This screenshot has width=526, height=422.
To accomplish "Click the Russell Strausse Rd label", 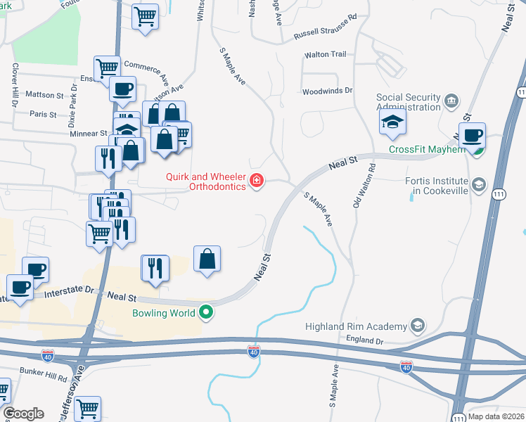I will click(x=326, y=15).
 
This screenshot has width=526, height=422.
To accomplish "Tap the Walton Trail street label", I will click(x=326, y=54).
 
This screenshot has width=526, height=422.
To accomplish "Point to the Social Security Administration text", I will click(x=408, y=103).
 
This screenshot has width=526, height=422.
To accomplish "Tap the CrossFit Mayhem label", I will click(x=428, y=150).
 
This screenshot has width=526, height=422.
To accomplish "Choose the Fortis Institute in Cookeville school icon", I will click(x=479, y=185).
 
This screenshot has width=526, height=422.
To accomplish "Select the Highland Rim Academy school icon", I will click(x=418, y=325).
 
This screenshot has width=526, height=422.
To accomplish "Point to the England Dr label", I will click(x=364, y=341).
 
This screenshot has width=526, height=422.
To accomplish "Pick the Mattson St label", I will click(x=44, y=94).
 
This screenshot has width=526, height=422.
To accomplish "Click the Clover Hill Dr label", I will click(x=14, y=84).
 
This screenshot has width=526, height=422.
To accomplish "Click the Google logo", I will click(x=23, y=414).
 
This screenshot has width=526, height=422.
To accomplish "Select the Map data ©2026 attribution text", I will click(x=496, y=416).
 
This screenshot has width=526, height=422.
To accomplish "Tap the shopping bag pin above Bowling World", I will click(x=207, y=260).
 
